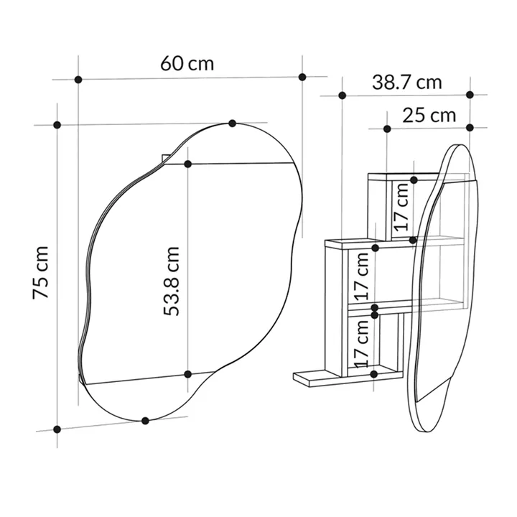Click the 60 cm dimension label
(187, 64)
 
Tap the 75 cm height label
(41, 272)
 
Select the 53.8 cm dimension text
(172, 281)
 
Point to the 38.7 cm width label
(407, 83)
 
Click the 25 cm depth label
(429, 116)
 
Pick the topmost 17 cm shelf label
(401, 207)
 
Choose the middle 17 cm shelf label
(361, 276)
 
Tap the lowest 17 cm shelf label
(361, 343)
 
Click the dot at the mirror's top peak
(233, 124)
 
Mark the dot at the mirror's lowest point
(145, 421)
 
